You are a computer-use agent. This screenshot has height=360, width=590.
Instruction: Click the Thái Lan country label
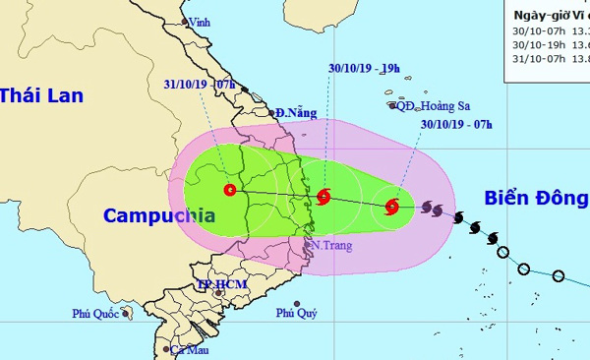pos(41,95)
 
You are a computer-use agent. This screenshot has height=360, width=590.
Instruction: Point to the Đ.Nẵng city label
pos(296,113)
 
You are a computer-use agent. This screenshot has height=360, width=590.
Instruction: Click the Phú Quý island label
pos(296,314)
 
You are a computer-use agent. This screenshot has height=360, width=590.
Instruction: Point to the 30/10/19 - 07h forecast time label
pos(456,125)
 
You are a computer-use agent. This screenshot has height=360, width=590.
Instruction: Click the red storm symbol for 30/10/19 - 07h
pos(392,207)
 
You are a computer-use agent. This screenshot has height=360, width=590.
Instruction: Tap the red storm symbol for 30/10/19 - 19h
pos(324,197)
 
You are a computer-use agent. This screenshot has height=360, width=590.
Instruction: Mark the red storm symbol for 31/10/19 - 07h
pos(230,190)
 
